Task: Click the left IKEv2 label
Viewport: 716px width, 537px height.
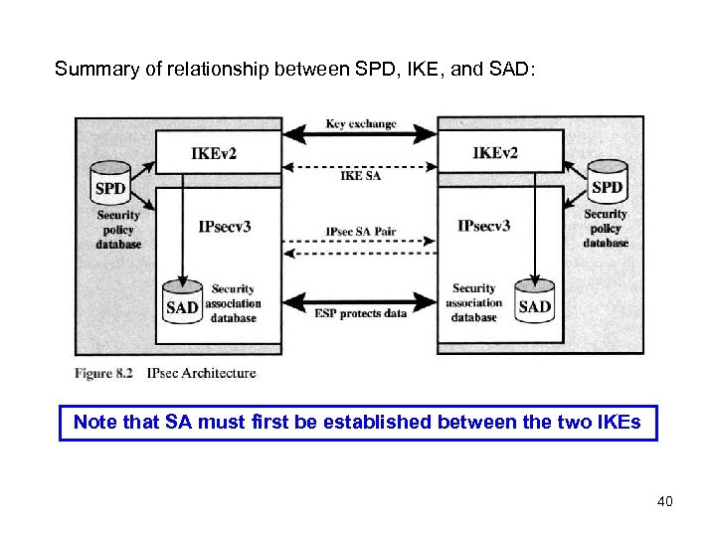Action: [214, 153]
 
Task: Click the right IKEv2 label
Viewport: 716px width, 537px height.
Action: [495, 153]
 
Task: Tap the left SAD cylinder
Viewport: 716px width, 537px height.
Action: [182, 303]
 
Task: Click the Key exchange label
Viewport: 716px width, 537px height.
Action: [360, 124]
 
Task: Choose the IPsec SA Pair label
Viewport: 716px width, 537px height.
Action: [361, 232]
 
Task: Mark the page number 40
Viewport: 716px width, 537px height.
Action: [664, 501]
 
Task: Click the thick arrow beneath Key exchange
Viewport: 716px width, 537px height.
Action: [359, 136]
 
